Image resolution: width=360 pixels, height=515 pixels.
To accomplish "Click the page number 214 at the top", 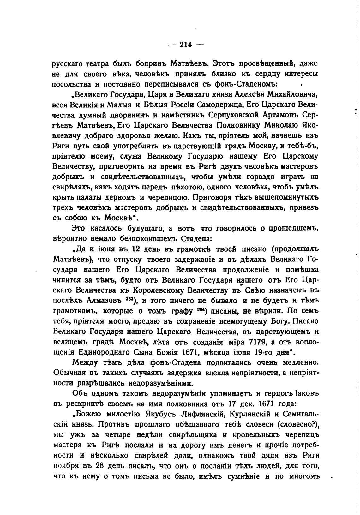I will click(186, 45).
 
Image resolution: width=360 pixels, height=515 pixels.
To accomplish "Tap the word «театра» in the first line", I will click(97, 63).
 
